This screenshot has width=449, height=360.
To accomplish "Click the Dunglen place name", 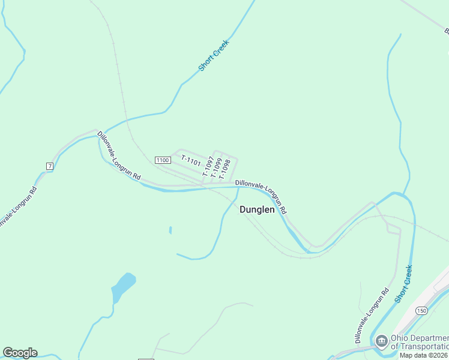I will pos(257,210).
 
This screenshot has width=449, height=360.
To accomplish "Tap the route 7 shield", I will pos(49,165).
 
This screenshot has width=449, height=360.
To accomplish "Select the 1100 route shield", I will pos(162,160).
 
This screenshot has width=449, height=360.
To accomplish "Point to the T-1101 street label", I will pos(190,161).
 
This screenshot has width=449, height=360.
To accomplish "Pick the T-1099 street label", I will pos(217,168).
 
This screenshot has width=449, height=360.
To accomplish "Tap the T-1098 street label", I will pos(225,169).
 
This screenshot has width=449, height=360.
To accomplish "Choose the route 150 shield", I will pos(421,310).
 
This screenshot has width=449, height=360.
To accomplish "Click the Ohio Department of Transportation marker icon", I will pos(381,341).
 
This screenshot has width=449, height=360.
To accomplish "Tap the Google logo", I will pos(20,353).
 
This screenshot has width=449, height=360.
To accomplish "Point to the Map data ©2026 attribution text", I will pos(424,355).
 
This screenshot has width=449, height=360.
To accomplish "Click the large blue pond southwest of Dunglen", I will pos(122,287).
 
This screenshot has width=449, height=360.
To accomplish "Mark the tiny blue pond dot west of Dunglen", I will pos(170,230).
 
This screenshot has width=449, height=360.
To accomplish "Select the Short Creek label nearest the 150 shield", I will pos(403,283).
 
